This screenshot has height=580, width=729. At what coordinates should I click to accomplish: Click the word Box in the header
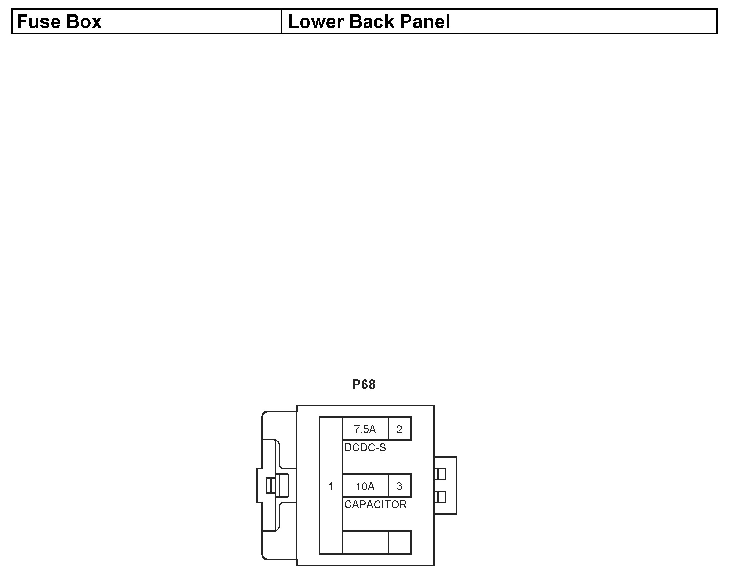click(83, 22)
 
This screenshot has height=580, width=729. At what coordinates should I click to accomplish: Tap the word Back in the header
click(372, 22)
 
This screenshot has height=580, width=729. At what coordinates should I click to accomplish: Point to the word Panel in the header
click(425, 22)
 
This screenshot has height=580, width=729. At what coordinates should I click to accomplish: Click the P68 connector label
click(364, 384)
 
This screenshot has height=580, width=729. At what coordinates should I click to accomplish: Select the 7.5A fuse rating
click(365, 429)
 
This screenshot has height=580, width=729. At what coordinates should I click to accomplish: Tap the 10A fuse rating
click(365, 486)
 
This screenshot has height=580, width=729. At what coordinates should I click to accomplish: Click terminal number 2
click(399, 429)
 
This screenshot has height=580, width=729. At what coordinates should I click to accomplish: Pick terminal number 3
click(399, 486)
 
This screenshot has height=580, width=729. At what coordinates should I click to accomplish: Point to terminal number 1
click(331, 486)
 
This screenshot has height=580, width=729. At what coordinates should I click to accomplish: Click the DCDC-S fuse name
click(365, 448)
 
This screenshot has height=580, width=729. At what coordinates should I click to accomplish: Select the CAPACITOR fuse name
click(375, 505)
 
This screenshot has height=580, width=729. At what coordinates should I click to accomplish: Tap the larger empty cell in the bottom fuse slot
click(365, 543)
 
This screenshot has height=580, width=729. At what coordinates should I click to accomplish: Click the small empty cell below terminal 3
click(400, 543)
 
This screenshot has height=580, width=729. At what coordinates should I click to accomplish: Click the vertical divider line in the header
click(281, 22)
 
